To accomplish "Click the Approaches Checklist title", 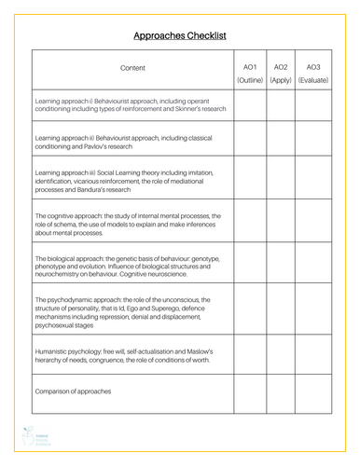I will pos(180,35).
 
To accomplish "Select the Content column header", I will pos(132,69).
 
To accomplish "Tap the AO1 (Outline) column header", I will pos(249,74).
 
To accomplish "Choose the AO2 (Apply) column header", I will pos(281,74).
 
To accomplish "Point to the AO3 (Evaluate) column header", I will pos(313,74).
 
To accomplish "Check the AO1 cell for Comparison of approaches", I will pos(249,392).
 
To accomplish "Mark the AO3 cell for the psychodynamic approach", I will pos(313,313).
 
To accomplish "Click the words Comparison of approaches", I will pos(73,391).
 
